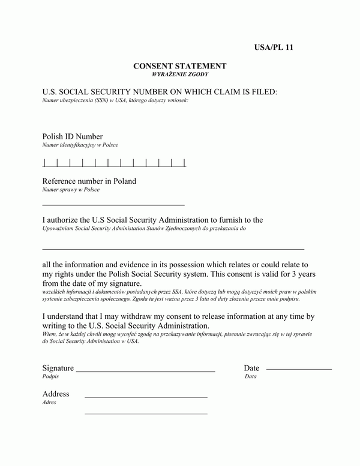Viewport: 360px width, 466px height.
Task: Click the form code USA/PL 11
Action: [x=273, y=47]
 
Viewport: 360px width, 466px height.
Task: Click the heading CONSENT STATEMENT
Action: [x=180, y=65]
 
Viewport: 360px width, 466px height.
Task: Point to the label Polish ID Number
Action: [x=73, y=136]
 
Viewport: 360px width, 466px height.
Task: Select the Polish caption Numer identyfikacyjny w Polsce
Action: [x=80, y=145]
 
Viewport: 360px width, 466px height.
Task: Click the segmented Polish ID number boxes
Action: [x=115, y=162]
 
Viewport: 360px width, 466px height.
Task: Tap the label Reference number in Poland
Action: [x=89, y=181]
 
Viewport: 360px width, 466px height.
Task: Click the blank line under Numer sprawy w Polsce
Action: [x=113, y=205]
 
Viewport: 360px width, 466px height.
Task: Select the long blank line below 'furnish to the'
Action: [x=173, y=248]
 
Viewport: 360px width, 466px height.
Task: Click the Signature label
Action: [x=58, y=368]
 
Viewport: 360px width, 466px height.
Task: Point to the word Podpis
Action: [x=51, y=377]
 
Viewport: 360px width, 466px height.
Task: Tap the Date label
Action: [x=251, y=368]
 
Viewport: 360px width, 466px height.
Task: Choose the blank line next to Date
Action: [x=299, y=369]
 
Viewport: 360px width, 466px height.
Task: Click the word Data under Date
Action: [x=250, y=377]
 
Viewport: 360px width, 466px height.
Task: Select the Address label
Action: [x=56, y=394]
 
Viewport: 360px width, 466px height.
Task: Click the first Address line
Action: [x=146, y=398]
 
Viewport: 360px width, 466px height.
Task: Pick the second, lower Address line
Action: [x=146, y=414]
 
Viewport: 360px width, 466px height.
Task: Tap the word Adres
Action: [x=49, y=402]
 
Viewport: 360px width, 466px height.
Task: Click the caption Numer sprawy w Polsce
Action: [x=71, y=190]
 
